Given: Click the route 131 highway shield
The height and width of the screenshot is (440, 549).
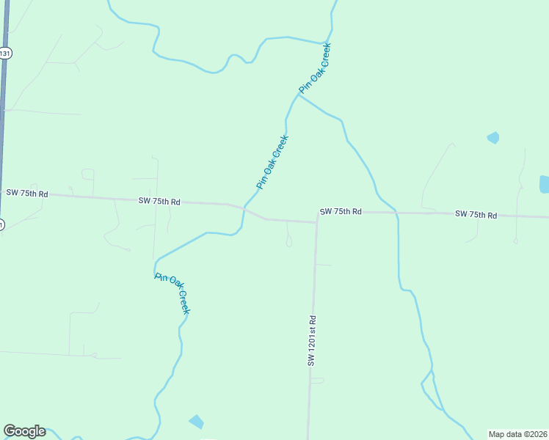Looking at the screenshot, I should (5, 54).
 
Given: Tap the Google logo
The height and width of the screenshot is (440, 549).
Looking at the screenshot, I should (24, 431).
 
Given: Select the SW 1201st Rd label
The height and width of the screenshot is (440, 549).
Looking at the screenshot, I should (312, 341).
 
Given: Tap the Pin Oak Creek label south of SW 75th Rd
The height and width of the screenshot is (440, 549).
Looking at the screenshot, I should (172, 293).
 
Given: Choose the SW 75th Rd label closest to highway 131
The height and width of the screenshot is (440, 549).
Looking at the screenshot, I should (27, 194).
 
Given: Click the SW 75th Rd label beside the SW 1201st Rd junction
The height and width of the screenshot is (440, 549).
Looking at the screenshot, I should (341, 211).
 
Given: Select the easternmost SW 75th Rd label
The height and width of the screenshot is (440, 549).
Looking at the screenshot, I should (476, 215).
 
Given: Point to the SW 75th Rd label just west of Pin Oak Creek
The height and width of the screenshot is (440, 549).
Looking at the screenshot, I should (159, 201).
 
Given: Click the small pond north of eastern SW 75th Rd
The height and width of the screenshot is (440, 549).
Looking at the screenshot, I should (492, 137).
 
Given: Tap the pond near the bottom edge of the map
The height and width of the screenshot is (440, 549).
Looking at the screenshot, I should (196, 422).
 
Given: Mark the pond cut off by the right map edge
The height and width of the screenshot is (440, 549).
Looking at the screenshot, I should (544, 184).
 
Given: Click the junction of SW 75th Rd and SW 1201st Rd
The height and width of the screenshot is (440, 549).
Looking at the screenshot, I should (316, 221).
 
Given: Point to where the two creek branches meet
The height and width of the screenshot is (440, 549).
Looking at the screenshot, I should (297, 96).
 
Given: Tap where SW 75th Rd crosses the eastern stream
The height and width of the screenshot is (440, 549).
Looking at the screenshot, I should (397, 213).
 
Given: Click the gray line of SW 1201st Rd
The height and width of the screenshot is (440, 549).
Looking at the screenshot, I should (313, 293).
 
